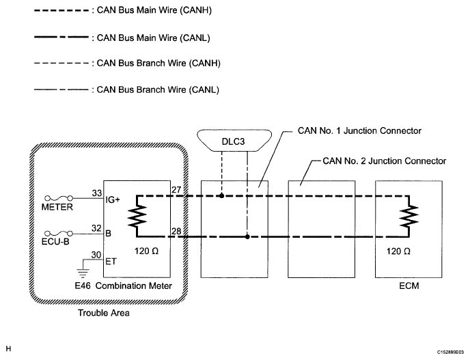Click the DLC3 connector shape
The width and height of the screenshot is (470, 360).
pyautogui.click(x=234, y=141)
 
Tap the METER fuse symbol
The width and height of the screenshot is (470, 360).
pyautogui.click(x=59, y=198)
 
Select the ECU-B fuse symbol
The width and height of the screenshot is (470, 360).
pyautogui.click(x=59, y=233)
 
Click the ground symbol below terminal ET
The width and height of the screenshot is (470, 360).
pyautogui.click(x=83, y=273)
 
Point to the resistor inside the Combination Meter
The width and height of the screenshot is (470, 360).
pyautogui.click(x=137, y=216)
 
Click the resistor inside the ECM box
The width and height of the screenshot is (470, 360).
pyautogui.click(x=409, y=216)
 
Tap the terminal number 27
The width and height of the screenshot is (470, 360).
pyautogui.click(x=176, y=190)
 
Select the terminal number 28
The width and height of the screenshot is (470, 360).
pyautogui.click(x=176, y=231)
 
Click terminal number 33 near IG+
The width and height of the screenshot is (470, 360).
pyautogui.click(x=97, y=193)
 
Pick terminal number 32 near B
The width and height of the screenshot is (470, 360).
pyautogui.click(x=96, y=228)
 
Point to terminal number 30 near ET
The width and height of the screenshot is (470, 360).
pyautogui.click(x=96, y=255)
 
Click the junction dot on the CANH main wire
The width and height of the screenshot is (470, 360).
pyautogui.click(x=222, y=196)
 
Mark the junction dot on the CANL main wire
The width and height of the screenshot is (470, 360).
pyautogui.click(x=247, y=237)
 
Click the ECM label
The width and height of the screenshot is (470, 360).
pyautogui.click(x=409, y=286)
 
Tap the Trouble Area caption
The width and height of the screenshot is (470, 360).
pyautogui.click(x=104, y=313)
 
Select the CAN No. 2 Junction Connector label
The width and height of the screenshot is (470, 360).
pyautogui.click(x=385, y=161)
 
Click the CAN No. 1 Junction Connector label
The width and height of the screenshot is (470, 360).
pyautogui.click(x=359, y=130)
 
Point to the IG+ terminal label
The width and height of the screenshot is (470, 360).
pyautogui.click(x=113, y=199)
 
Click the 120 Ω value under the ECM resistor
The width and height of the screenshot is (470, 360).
pyautogui.click(x=398, y=251)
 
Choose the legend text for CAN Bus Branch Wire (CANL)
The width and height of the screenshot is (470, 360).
pyautogui.click(x=158, y=89)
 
